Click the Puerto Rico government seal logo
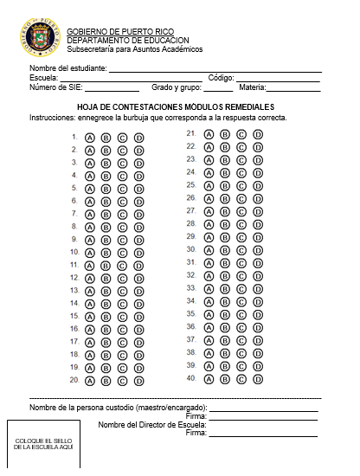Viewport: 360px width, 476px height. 38,39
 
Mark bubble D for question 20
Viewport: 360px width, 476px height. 138,380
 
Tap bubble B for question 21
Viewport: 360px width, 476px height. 225,134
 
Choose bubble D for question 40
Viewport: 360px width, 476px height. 257,378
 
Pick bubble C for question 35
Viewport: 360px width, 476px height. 241,314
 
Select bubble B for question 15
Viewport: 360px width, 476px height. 106,317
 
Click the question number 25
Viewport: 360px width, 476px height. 190,185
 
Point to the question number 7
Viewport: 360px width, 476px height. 74,214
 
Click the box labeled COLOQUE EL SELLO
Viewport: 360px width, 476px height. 43,444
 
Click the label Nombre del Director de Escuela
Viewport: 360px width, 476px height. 151,424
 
